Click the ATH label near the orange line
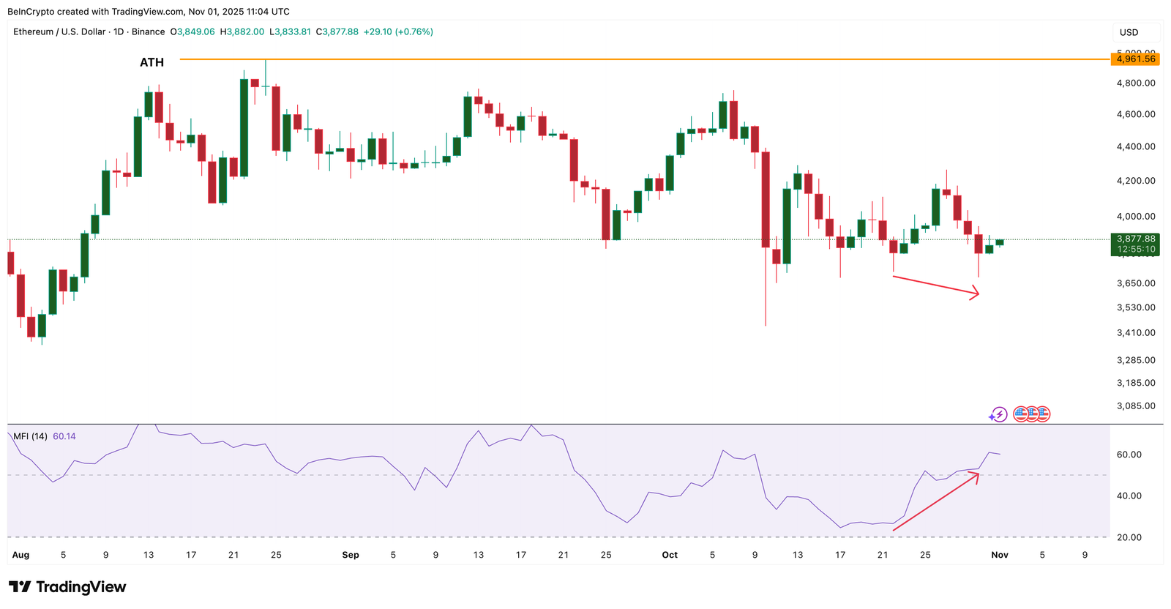151,62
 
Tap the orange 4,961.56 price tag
1136,59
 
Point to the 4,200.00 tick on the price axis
1136,181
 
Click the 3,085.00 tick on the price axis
1136,406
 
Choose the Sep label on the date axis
351,555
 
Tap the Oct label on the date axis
670,555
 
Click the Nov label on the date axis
1000,555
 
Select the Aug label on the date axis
20,555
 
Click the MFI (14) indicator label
30,436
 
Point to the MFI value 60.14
64,436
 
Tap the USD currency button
1129,32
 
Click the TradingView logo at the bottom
67,587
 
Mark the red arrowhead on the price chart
976,294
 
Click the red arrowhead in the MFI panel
976,475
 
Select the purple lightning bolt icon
998,415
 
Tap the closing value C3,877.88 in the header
337,32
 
